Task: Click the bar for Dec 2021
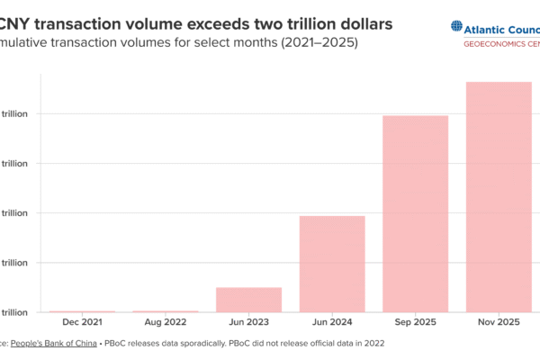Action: [82, 311]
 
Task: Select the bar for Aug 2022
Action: [166, 311]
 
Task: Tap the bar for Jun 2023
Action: [248, 300]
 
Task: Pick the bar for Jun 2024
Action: [332, 264]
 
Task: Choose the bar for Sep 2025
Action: [415, 213]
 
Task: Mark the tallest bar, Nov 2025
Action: [499, 196]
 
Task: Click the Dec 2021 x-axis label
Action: [82, 321]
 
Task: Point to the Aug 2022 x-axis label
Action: [166, 321]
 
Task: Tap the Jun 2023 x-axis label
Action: [248, 321]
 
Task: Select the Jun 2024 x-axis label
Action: [332, 321]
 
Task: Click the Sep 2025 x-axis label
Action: [415, 321]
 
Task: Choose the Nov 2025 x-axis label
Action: [499, 321]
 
